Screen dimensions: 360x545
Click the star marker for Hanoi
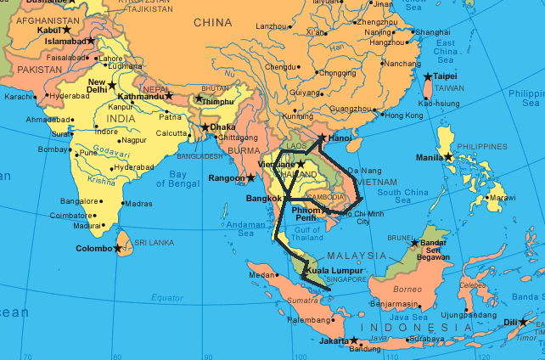[322, 138]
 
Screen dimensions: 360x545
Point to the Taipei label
[446, 76]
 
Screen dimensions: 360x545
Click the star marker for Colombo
[118, 249]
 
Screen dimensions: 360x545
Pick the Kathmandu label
[141, 96]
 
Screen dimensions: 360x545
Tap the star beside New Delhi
[111, 86]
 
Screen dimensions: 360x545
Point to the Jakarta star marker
[354, 341]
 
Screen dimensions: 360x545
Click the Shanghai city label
[432, 31]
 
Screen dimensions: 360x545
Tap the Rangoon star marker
[250, 177]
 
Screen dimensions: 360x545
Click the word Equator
[167, 297]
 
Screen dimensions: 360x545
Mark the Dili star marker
[524, 323]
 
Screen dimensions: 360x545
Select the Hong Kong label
[403, 115]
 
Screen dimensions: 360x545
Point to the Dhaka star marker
[204, 127]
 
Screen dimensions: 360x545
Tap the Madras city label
[138, 204]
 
